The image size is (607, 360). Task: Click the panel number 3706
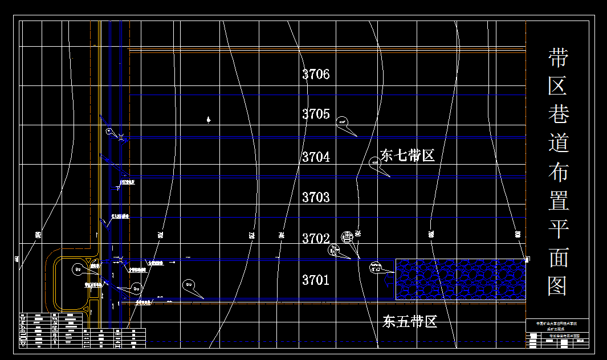(x=316, y=74)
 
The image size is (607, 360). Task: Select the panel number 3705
(x=316, y=114)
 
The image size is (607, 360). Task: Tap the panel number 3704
(x=316, y=157)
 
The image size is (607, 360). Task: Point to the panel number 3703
(x=316, y=197)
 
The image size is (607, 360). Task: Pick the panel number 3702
(x=316, y=238)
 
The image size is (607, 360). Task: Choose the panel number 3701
(x=316, y=280)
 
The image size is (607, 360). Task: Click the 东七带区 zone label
(x=408, y=156)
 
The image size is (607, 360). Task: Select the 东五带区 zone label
(x=410, y=322)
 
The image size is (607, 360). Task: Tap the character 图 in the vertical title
(x=559, y=285)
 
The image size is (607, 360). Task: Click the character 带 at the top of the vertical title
(x=559, y=58)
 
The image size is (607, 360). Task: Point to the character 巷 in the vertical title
(x=559, y=114)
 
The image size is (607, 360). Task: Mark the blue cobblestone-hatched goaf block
(x=461, y=279)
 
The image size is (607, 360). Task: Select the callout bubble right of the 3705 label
(x=342, y=121)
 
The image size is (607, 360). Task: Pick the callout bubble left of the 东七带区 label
(x=375, y=163)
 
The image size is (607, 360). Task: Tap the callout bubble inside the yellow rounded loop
(x=78, y=268)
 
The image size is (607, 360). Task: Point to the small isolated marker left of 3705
(x=209, y=120)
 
